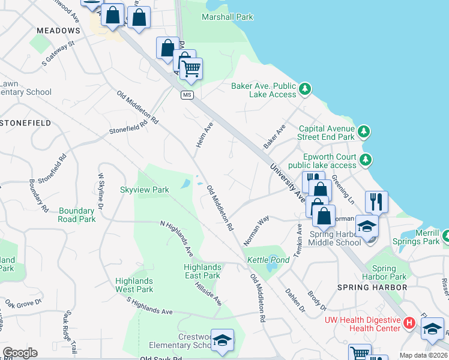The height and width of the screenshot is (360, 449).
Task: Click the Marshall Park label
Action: click(x=228, y=17)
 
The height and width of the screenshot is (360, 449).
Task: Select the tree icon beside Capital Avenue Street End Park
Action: click(x=363, y=131)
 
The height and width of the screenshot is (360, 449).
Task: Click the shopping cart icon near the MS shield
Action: click(x=191, y=68)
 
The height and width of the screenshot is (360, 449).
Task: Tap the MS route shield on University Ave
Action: click(x=188, y=96)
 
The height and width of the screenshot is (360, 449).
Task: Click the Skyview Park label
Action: click(x=144, y=190)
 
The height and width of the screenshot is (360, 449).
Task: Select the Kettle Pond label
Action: click(x=268, y=260)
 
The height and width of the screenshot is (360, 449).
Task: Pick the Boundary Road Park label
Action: click(x=77, y=215)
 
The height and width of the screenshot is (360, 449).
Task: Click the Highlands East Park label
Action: click(x=202, y=271)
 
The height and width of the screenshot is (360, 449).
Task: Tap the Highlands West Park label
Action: click(x=134, y=285)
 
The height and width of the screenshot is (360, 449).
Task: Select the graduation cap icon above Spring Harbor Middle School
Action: click(x=367, y=226)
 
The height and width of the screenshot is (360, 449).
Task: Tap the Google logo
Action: click(x=20, y=353)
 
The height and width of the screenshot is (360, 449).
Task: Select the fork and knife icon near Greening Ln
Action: click(x=376, y=201)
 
